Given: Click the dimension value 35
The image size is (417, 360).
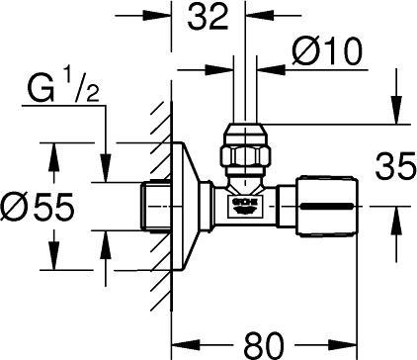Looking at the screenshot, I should (x=392, y=164).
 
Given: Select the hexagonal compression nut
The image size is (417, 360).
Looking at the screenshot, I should (x=243, y=153).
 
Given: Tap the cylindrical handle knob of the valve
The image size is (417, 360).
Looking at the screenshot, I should (x=328, y=206).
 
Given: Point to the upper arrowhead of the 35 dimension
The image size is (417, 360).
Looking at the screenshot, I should (x=396, y=116).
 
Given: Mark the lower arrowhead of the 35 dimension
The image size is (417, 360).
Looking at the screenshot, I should (x=396, y=214).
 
